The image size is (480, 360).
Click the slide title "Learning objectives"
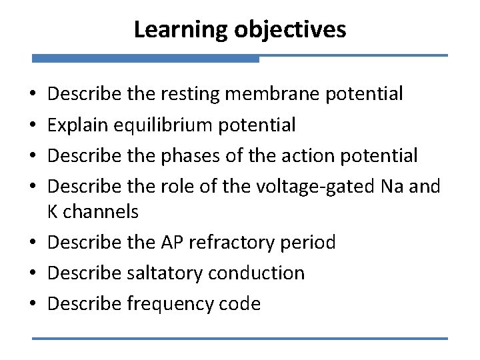pyautogui.click(x=240, y=29)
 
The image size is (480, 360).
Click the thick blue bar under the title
pyautogui.click(x=145, y=59)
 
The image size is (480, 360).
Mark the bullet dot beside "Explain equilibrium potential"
pyautogui.click(x=37, y=125)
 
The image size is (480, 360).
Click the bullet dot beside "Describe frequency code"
pyautogui.click(x=37, y=305)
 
